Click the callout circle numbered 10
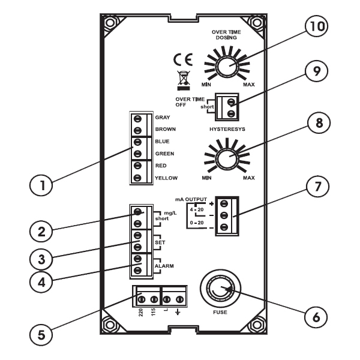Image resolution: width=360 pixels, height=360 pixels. (316, 26)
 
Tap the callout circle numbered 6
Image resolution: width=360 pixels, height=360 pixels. (316, 317)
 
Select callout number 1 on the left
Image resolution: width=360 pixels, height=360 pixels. (41, 185)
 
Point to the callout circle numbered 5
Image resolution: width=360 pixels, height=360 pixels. (41, 335)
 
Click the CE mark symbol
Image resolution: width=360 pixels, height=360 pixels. (183, 59)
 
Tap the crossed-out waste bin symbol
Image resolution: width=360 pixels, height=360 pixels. (184, 80)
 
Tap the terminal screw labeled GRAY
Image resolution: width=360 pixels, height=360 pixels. (137, 119)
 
